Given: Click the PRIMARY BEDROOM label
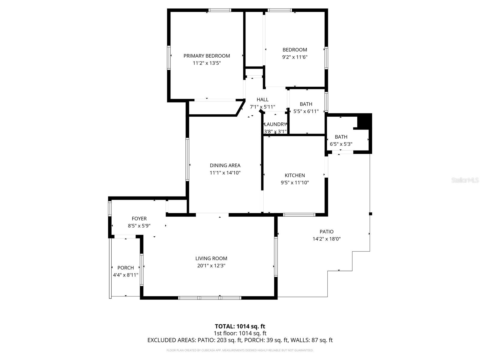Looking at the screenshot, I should [207, 56].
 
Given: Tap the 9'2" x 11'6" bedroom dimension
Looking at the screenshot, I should [295, 57].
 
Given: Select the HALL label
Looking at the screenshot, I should [262, 100].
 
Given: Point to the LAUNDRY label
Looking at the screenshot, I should [275, 124].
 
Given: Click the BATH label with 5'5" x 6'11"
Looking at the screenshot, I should [306, 104].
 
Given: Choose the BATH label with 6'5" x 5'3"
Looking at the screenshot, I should [341, 137].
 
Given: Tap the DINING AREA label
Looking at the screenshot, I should [225, 165].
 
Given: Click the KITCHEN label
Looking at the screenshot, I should [295, 175].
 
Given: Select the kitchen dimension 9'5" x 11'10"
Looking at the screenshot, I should [295, 182].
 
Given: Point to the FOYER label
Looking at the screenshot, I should [139, 219].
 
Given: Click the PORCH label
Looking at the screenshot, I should [125, 268].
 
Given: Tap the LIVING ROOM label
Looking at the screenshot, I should [211, 258].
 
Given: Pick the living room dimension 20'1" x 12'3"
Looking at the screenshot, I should [211, 265].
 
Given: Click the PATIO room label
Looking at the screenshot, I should [326, 232].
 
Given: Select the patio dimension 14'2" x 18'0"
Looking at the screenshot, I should [326, 239].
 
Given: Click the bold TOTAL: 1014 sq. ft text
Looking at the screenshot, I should [240, 326].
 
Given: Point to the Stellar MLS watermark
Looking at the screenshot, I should [465, 180].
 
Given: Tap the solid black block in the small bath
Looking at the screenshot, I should [364, 121].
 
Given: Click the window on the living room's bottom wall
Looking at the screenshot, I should [210, 298].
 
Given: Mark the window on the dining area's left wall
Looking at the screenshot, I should [187, 159].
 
